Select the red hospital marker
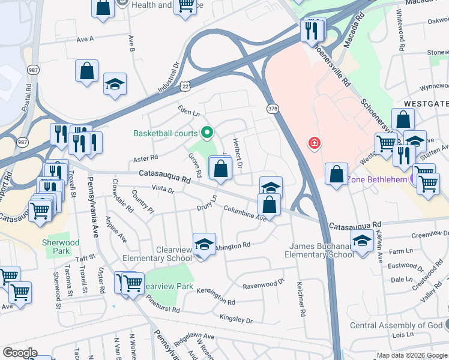pos(313,143)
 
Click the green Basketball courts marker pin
pos(207,132)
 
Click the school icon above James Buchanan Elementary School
pos(363,242)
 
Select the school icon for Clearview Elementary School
pos(204,245)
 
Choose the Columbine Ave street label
pos(245,214)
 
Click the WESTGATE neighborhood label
pos(426,103)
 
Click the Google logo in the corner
pos(20,353)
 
